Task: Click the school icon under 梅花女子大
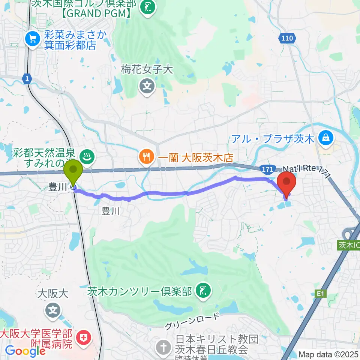(x=148, y=87)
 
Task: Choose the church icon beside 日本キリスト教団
(x=164, y=345)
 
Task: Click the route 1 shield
(x=27, y=78)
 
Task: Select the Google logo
(x=25, y=351)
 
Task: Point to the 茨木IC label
(x=349, y=245)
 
